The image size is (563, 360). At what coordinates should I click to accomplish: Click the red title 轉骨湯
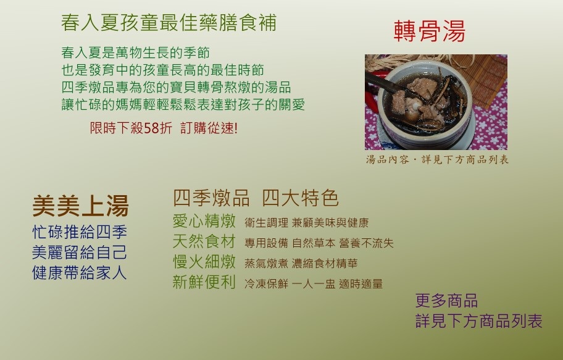click(x=430, y=31)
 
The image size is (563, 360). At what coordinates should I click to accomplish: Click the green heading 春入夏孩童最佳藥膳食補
click(x=169, y=23)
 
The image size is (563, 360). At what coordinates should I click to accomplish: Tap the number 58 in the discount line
click(x=151, y=128)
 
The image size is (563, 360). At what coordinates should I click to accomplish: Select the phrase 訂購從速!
click(x=209, y=128)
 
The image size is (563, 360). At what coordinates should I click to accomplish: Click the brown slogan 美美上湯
click(x=80, y=206)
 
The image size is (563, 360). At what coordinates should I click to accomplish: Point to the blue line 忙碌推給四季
click(x=80, y=232)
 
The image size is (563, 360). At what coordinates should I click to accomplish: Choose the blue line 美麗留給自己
click(x=80, y=252)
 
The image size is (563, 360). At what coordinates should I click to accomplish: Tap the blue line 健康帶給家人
click(x=80, y=273)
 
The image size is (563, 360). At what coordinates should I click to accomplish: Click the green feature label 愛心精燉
click(x=204, y=221)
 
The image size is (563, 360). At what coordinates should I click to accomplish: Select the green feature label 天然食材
click(x=204, y=241)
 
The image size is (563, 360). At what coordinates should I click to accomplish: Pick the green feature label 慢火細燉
click(x=204, y=262)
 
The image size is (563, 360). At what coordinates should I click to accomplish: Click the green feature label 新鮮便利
click(x=204, y=282)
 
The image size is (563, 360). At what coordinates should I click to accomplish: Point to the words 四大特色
click(x=300, y=198)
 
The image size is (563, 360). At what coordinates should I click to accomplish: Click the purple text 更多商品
click(x=447, y=301)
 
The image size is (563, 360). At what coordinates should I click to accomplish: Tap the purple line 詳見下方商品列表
click(x=478, y=321)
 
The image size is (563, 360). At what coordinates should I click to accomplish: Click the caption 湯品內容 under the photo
click(x=388, y=159)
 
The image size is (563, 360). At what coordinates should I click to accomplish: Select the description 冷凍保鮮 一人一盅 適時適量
click(x=314, y=284)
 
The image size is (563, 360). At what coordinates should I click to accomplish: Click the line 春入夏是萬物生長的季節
click(x=135, y=53)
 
